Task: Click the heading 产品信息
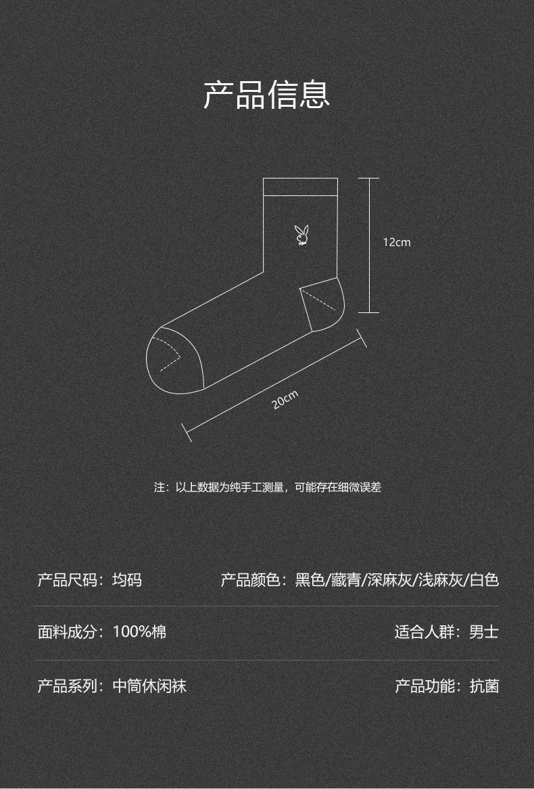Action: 266,95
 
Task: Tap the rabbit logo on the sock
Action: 301,235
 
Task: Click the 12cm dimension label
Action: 397,242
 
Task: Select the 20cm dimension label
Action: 285,400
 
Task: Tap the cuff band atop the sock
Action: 301,187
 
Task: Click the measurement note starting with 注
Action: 267,487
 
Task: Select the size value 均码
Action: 127,579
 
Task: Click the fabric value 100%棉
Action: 139,631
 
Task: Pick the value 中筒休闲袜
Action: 149,686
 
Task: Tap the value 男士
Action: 484,631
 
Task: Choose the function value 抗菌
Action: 484,686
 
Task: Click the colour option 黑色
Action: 310,579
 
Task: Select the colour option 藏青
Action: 346,579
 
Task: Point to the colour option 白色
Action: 484,579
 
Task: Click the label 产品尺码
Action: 67,579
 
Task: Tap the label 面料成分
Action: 67,631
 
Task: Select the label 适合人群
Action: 424,631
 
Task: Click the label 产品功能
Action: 424,686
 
